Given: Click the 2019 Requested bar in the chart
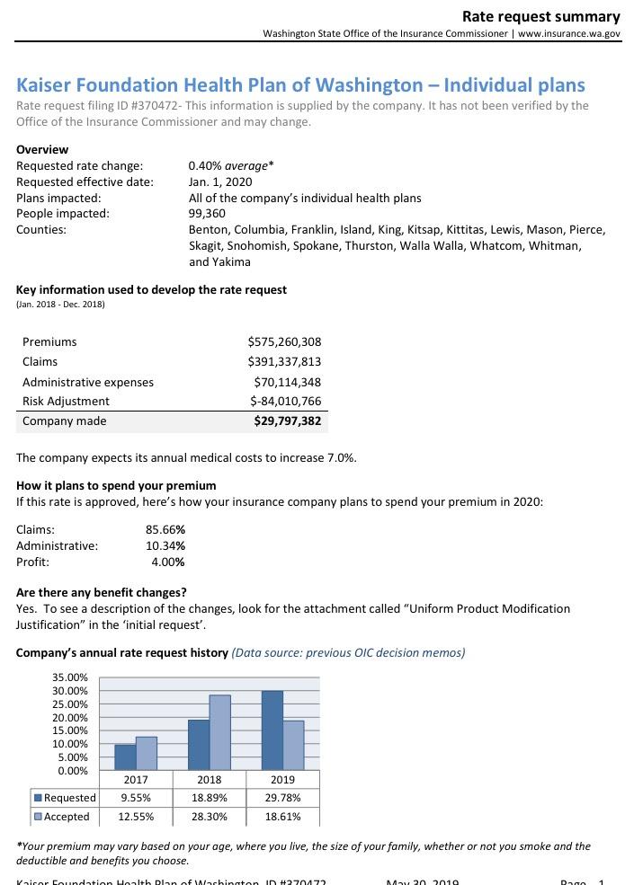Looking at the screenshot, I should pyautogui.click(x=272, y=730).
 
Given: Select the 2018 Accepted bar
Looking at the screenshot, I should pyautogui.click(x=219, y=732).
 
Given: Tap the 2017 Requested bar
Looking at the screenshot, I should pyautogui.click(x=125, y=757).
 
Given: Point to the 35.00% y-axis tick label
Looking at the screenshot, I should pyautogui.click(x=70, y=677).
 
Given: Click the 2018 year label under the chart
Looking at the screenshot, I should pyautogui.click(x=209, y=780).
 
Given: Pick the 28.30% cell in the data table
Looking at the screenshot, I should pyautogui.click(x=209, y=817).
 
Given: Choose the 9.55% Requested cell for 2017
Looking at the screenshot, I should pyautogui.click(x=136, y=798).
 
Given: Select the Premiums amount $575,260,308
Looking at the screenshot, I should pyautogui.click(x=284, y=341).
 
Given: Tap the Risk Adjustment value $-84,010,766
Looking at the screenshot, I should pyautogui.click(x=285, y=401).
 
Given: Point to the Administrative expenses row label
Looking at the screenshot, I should pyautogui.click(x=88, y=382).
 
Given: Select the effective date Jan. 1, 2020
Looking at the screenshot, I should pyautogui.click(x=220, y=181).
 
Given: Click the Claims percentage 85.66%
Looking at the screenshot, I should pyautogui.click(x=165, y=529).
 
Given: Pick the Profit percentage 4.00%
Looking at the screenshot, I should pyautogui.click(x=168, y=562).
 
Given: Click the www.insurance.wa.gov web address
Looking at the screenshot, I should pyautogui.click(x=569, y=33).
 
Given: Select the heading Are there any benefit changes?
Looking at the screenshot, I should pyautogui.click(x=102, y=592).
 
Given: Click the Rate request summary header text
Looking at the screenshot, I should pyautogui.click(x=540, y=16).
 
